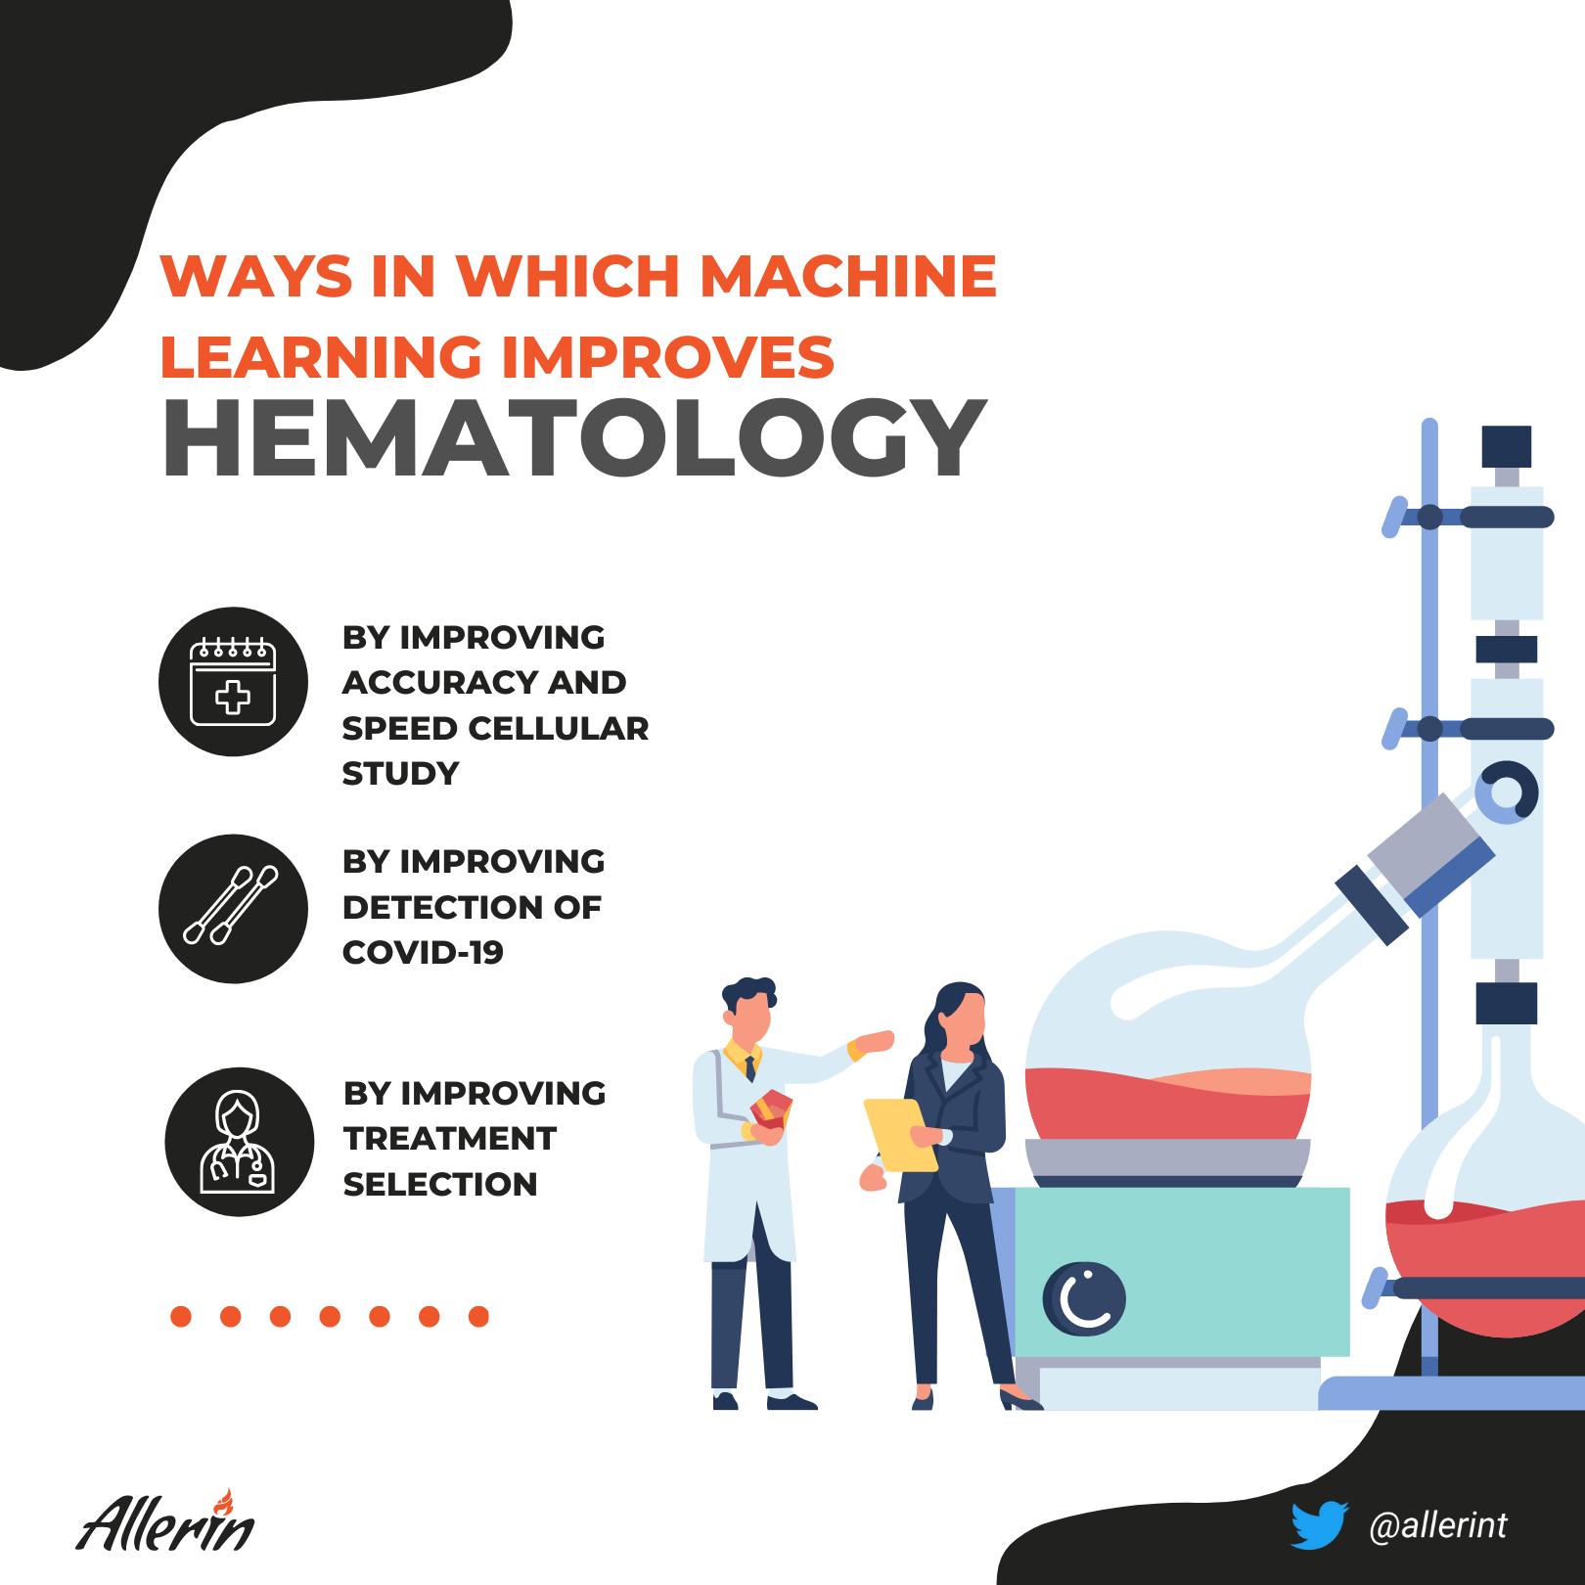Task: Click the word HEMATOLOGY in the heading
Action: (574, 437)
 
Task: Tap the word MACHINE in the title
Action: (848, 276)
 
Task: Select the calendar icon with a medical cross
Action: (233, 681)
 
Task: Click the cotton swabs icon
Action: (233, 908)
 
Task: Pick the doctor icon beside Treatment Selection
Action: (239, 1142)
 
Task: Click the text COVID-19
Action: (423, 952)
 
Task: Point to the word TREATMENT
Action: (450, 1139)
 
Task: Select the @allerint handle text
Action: (1438, 1525)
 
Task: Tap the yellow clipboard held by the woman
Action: (900, 1135)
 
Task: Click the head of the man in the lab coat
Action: (749, 1010)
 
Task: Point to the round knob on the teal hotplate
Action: (1084, 1299)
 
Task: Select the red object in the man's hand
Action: (771, 1109)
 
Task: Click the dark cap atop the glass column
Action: (1506, 447)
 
